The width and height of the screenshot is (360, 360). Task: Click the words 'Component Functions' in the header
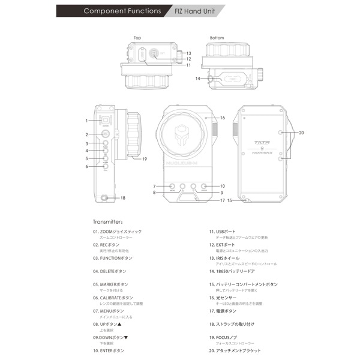point(122,11)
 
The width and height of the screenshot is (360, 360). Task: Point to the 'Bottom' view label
point(217,38)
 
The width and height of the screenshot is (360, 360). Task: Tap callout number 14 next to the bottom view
point(197,79)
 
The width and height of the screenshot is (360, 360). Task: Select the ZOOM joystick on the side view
point(105,120)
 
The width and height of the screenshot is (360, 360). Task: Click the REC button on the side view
point(105,134)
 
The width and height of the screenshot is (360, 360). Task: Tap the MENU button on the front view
point(172,187)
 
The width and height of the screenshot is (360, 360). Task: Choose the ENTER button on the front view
point(204,187)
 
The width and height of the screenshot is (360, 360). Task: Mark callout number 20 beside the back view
point(301,133)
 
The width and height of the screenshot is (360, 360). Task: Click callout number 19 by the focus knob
point(144,159)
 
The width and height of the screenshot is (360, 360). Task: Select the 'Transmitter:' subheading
point(108,221)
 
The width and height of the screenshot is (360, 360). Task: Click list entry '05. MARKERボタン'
point(110,284)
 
